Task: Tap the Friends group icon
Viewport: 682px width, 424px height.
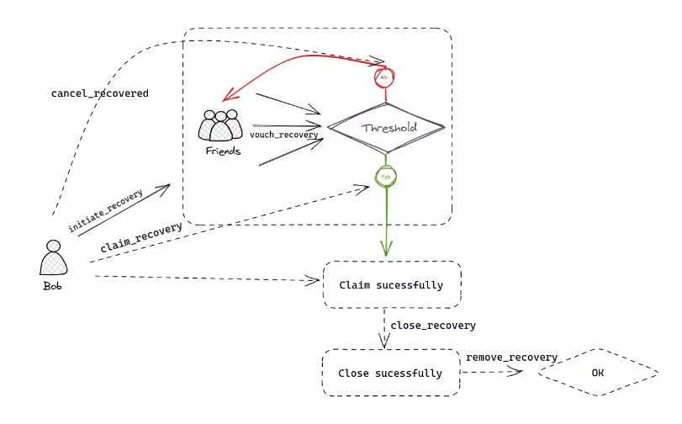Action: pyautogui.click(x=220, y=125)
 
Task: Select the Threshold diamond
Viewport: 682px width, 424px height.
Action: pyautogui.click(x=385, y=128)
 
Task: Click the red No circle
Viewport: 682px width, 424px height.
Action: pyautogui.click(x=383, y=77)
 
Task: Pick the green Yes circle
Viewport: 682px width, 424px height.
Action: pyautogui.click(x=386, y=177)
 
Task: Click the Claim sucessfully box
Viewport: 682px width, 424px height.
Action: pyautogui.click(x=391, y=284)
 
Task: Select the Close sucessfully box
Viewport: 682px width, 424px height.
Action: pyautogui.click(x=390, y=373)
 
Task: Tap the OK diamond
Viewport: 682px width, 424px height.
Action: pyautogui.click(x=597, y=372)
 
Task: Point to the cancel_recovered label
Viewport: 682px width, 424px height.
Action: pyautogui.click(x=100, y=93)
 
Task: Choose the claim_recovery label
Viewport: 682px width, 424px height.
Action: pyautogui.click(x=140, y=237)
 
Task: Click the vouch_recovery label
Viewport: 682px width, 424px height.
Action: pyautogui.click(x=283, y=135)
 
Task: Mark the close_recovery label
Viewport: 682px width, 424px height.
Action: pyautogui.click(x=433, y=326)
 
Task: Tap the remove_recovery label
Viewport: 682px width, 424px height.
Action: pyautogui.click(x=511, y=358)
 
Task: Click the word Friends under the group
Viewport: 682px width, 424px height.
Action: pyautogui.click(x=223, y=151)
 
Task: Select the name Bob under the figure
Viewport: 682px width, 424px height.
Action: pyautogui.click(x=52, y=286)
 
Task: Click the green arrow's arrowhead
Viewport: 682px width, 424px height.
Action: pyautogui.click(x=386, y=249)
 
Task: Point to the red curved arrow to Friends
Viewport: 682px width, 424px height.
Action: pyautogui.click(x=286, y=62)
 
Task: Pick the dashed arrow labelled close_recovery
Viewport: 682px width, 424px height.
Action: pyautogui.click(x=385, y=328)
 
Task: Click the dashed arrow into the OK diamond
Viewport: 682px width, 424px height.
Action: pyautogui.click(x=500, y=372)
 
